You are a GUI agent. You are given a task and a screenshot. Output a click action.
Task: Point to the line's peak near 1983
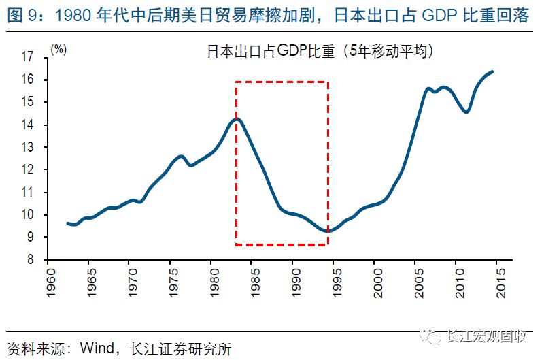[236, 120]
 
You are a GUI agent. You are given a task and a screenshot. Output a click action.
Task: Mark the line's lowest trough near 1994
[328, 231]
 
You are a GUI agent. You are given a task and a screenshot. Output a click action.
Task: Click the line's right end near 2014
[492, 71]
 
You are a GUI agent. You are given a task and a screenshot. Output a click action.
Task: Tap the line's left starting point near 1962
[67, 223]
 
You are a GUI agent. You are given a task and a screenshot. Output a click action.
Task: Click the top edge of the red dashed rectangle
[282, 82]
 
